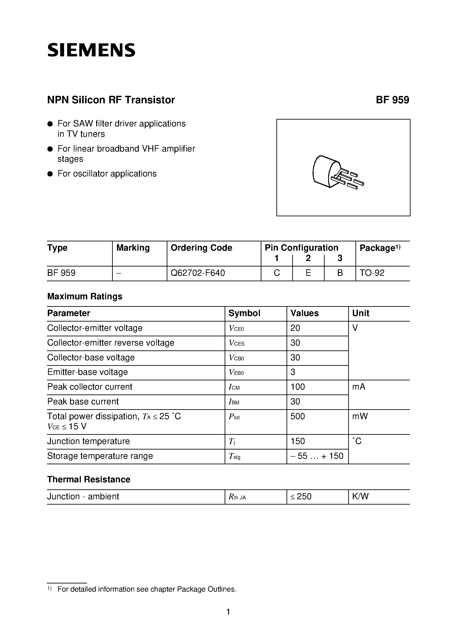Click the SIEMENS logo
91,50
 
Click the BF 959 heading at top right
392,100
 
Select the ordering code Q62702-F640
198,273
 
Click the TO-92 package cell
372,273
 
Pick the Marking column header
133,248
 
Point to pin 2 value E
308,273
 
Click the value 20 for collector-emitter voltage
295,328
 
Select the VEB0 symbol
236,372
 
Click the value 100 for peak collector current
297,387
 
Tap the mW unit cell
360,416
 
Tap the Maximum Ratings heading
85,296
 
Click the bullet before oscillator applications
50,174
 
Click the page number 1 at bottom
228,612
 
